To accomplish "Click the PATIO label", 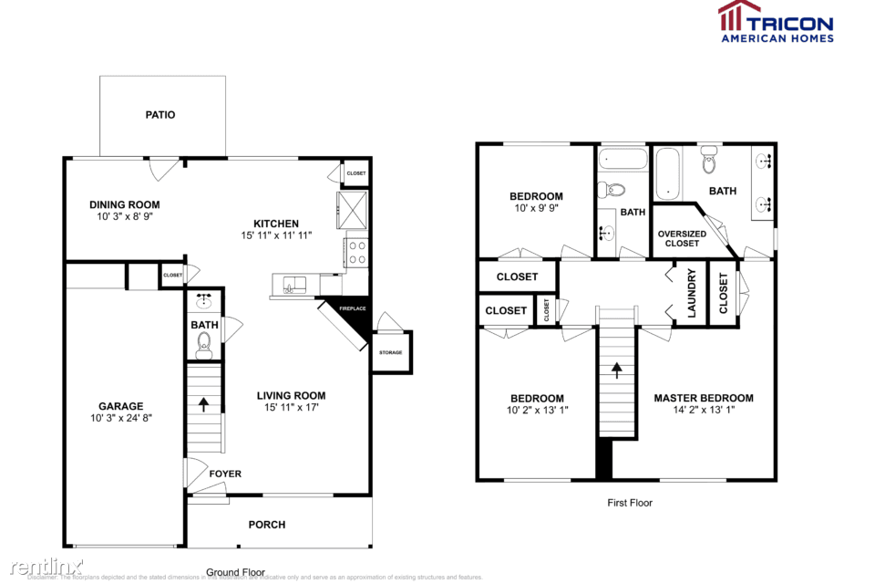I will tap(160, 115).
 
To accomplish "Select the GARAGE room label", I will tap(121, 406).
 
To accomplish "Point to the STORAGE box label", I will tap(390, 352).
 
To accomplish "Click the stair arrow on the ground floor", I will tap(203, 401).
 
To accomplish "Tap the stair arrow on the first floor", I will tap(616, 370).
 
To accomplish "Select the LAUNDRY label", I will tap(691, 293).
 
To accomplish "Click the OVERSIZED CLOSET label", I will tap(682, 239).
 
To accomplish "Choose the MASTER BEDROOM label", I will tap(704, 398).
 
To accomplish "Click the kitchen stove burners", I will tap(355, 251).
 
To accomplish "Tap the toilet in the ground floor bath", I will tap(204, 342).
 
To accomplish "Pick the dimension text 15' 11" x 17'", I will tap(291, 407).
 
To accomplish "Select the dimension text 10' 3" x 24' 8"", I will tap(121, 418).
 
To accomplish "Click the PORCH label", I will tap(267, 525).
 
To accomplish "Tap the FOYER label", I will tap(226, 474).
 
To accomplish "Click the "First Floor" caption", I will tap(630, 503).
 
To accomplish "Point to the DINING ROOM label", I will tap(124, 204).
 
